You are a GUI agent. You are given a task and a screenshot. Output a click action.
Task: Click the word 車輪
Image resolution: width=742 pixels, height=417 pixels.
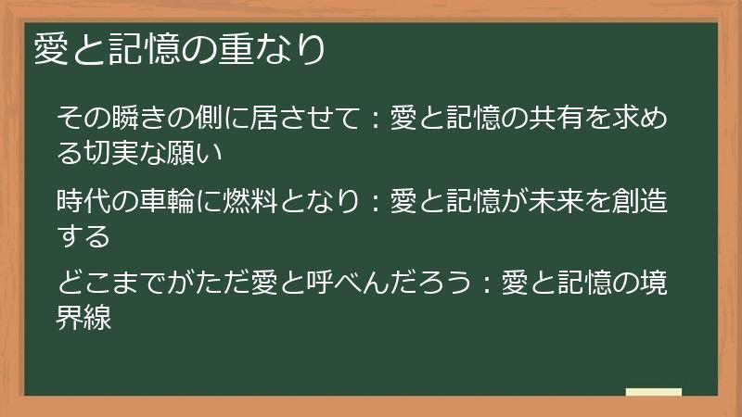(x=169, y=200)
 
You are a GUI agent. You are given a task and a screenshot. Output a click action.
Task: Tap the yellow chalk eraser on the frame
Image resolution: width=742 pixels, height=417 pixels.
(x=653, y=392)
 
